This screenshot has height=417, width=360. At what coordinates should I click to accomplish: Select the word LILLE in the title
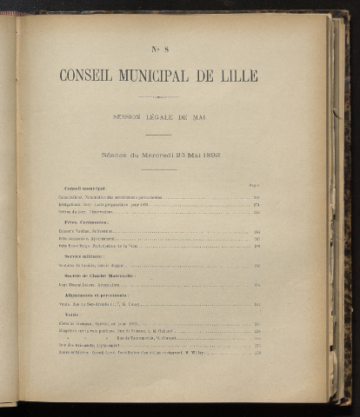coord(238,76)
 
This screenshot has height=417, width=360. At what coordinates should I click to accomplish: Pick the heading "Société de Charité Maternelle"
coord(97,275)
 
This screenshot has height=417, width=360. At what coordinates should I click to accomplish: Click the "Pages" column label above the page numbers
coord(253,182)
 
